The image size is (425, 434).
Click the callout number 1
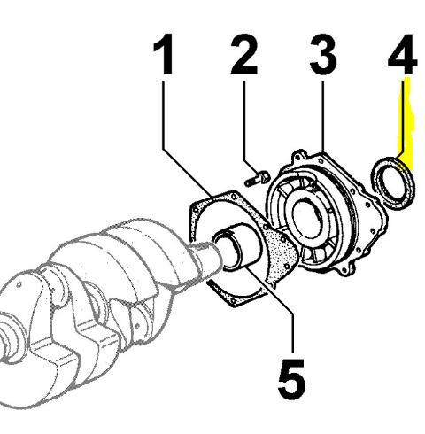164,54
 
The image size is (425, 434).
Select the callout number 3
323,54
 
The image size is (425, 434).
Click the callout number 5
291,379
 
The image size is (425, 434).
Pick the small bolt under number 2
257,179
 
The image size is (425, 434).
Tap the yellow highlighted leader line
405,124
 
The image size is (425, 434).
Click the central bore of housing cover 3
307,220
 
